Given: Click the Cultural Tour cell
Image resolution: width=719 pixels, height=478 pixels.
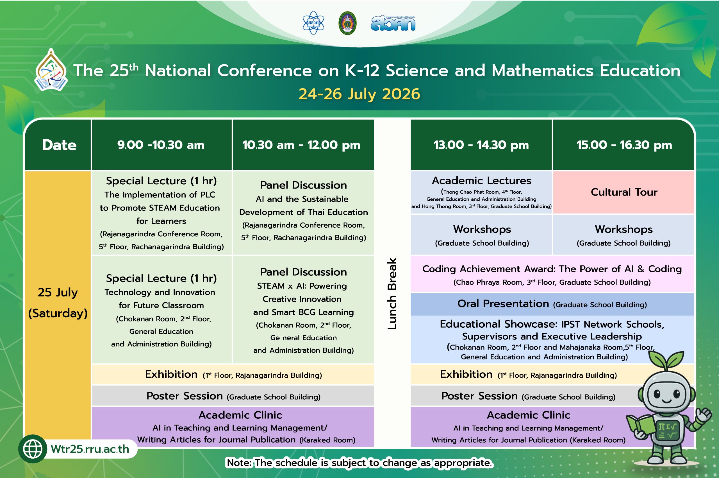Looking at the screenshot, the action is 623,192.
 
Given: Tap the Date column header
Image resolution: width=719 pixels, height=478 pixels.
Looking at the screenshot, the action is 59,145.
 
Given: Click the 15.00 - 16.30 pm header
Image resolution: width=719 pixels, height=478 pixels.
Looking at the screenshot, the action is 623,145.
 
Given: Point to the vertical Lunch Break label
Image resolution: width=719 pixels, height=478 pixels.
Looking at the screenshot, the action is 392,294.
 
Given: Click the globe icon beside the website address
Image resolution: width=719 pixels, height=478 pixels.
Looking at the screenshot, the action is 33,449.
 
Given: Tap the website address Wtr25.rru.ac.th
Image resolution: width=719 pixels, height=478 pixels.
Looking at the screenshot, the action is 90,449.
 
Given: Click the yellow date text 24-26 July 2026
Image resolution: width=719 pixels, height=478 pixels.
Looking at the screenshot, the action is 359,94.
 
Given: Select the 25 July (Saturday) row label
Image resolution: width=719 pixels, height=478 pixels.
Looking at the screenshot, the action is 58,302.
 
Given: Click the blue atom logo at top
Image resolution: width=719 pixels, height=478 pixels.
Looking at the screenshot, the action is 313,23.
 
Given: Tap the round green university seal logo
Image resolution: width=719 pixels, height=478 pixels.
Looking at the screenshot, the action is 347,23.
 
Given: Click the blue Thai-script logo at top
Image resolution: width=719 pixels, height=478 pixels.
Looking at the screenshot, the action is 393,24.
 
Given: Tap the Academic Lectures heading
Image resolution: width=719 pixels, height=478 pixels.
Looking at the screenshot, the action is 481,180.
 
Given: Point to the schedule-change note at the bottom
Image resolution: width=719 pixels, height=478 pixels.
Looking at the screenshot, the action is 359,463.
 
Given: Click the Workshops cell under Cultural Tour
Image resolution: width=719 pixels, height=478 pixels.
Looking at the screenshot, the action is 623,235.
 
